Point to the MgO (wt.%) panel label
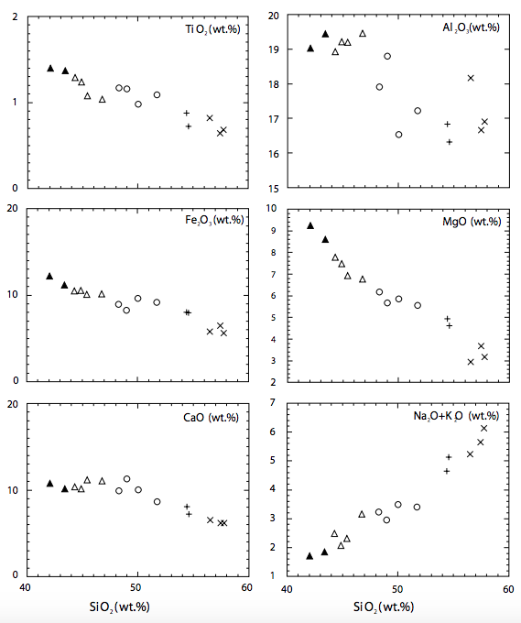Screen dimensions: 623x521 [x=467, y=222]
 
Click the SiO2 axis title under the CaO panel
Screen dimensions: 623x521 [x=136, y=607]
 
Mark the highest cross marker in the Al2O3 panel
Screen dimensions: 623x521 [x=471, y=78]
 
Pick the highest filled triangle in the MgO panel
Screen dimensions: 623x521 [x=310, y=225]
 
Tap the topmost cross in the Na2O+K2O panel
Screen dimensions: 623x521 [x=484, y=428]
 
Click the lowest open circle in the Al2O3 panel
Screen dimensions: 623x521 [x=398, y=135]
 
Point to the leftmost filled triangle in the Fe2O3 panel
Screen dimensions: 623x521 [x=49, y=276]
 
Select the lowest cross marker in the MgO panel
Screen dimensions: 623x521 [x=471, y=362]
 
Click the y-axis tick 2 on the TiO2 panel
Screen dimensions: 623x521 [x=15, y=17]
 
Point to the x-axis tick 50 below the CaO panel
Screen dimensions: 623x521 [x=137, y=587]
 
